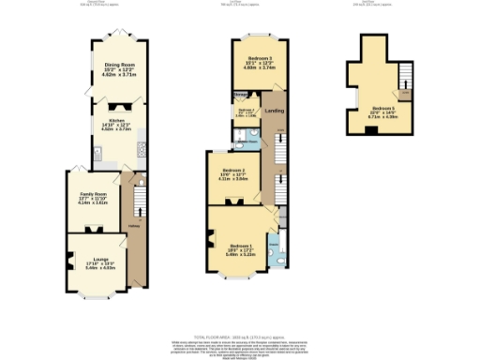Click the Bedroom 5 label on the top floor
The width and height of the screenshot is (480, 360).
pyautogui.click(x=381, y=110)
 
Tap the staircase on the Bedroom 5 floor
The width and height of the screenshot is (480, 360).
pyautogui.click(x=406, y=79)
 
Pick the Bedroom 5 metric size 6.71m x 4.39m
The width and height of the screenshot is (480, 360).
pyautogui.click(x=381, y=119)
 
